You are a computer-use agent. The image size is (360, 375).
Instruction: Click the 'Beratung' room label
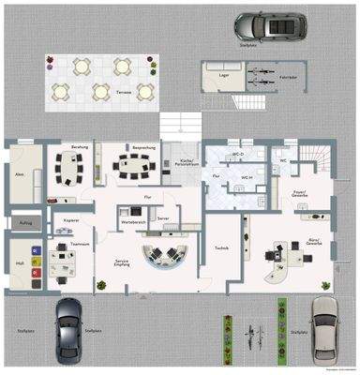pos(81,148)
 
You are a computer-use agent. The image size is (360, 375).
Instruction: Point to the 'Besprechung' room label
pos(143,148)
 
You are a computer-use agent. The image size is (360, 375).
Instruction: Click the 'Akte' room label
pos(19,174)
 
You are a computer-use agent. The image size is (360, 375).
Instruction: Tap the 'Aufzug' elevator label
pos(24,222)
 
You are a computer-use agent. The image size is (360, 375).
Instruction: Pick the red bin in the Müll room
pos(35,272)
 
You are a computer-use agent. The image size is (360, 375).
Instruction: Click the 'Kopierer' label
pos(72,219)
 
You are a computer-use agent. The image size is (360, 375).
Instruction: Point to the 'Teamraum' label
pos(79,243)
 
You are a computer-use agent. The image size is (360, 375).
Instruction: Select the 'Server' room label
pos(163,217)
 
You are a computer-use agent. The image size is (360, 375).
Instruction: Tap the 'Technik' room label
pos(221,248)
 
